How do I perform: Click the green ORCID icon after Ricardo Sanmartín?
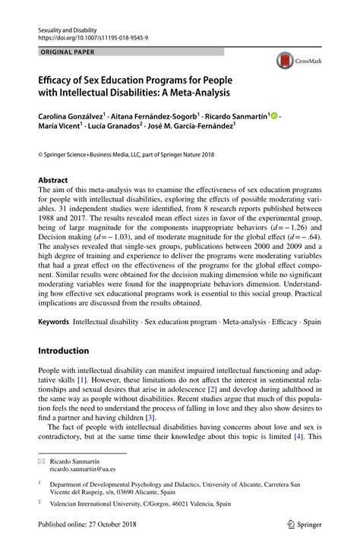(x=273, y=116)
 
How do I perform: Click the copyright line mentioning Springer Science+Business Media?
(x=127, y=154)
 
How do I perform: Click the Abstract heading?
(x=53, y=181)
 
